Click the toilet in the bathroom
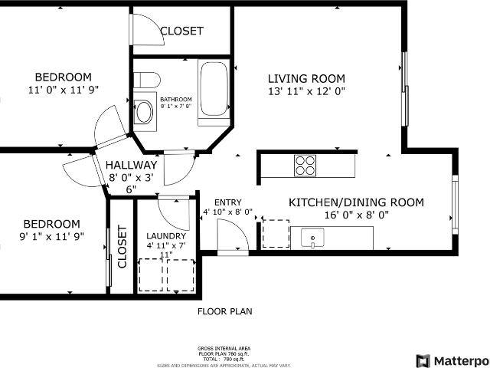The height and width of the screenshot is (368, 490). (145, 80)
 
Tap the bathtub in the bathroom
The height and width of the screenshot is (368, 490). (214, 92)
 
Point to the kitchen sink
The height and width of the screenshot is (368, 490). (312, 238)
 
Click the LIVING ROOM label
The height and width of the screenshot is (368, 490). (306, 78)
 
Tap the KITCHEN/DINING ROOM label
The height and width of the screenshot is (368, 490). (355, 202)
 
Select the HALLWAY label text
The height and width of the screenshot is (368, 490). (131, 165)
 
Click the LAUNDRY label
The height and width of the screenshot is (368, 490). (165, 235)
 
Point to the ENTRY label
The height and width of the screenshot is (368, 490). (227, 202)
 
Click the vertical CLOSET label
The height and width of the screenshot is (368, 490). (122, 247)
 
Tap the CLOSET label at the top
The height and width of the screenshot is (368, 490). (181, 31)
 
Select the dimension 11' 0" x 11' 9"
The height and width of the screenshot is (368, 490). (64, 90)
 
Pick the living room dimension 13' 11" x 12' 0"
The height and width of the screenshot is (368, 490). (306, 90)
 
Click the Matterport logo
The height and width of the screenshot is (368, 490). (452, 360)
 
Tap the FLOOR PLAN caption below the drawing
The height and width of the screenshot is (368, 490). (225, 311)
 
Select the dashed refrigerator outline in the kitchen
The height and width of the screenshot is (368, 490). (276, 232)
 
